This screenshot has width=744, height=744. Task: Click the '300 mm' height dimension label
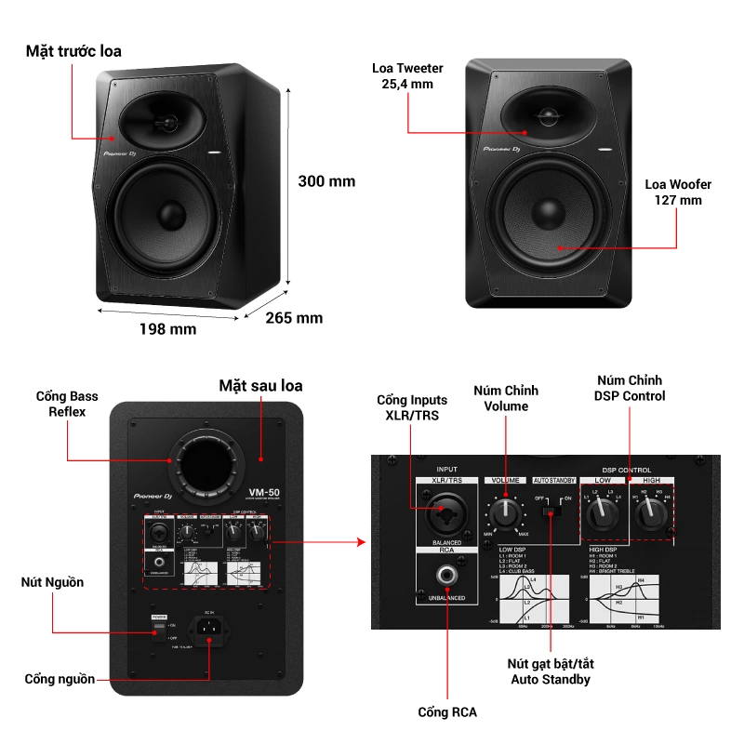coord(325,181)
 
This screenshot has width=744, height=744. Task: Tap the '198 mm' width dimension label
coord(167,328)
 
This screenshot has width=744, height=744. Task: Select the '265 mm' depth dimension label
coord(294,318)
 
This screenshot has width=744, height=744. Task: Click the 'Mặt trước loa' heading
coord(73,51)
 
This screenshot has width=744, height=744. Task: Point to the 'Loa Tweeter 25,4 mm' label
coord(406,76)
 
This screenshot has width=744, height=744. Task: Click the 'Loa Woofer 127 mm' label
coord(678,192)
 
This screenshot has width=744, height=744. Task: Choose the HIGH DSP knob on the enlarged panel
coord(652,511)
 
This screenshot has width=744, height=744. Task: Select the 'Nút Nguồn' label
coord(52,582)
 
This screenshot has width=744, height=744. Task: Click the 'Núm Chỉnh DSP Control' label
coord(630,388)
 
